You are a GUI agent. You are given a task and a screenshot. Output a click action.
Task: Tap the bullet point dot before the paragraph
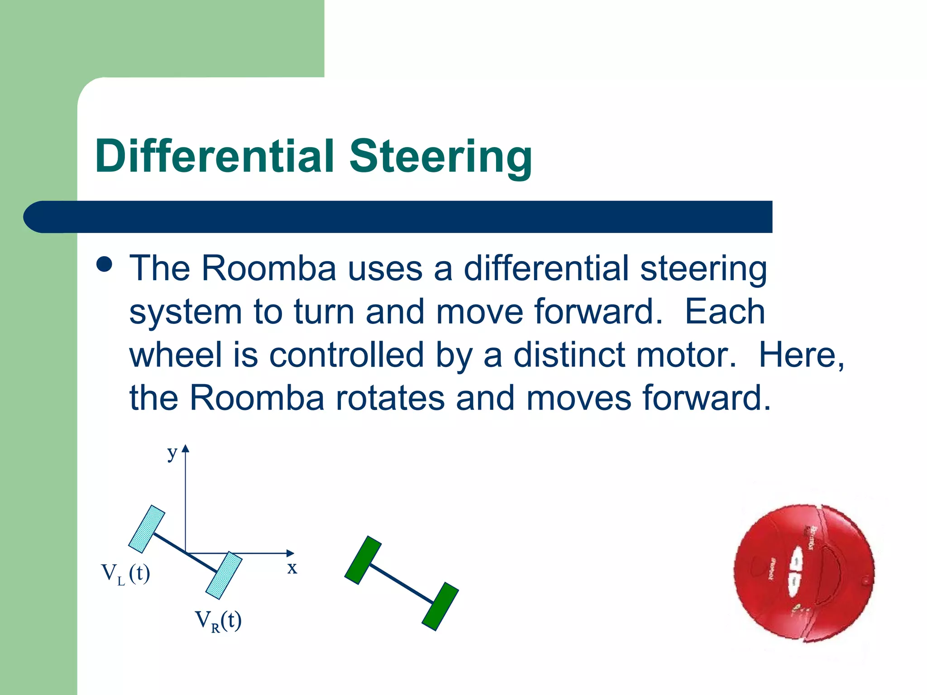(x=105, y=265)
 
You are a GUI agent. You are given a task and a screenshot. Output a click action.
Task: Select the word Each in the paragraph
(x=725, y=312)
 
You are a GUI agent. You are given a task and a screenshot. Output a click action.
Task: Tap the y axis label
(x=172, y=452)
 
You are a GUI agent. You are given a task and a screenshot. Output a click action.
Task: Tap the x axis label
(x=292, y=567)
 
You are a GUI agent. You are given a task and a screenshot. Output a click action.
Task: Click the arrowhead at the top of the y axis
(x=185, y=448)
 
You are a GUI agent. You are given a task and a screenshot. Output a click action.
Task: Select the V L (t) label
(x=125, y=574)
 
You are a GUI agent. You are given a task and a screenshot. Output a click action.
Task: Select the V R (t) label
(x=218, y=621)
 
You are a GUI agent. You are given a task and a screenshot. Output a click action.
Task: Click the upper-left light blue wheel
(x=147, y=529)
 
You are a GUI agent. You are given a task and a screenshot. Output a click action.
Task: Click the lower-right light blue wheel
(x=224, y=575)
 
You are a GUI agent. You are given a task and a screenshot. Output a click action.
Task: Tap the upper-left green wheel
(x=363, y=560)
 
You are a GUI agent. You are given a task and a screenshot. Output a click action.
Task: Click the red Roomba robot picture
(x=804, y=572)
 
